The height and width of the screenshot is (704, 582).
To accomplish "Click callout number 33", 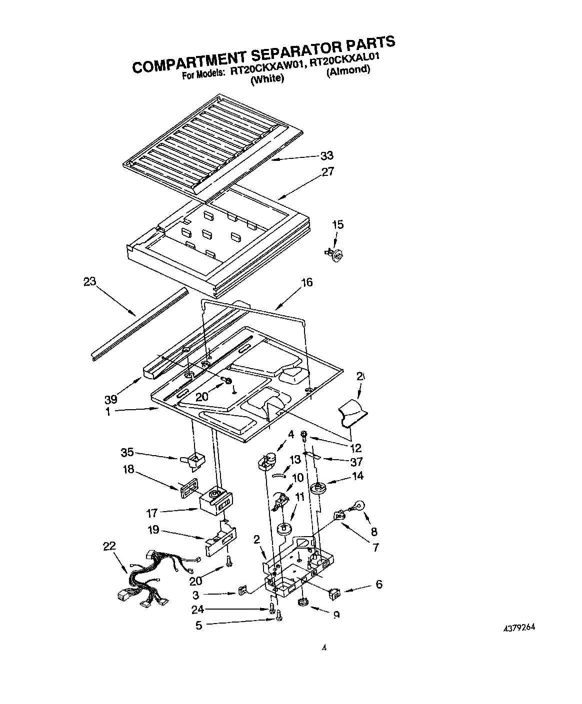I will pyautogui.click(x=326, y=156).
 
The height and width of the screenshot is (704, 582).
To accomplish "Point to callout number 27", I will pyautogui.click(x=327, y=172).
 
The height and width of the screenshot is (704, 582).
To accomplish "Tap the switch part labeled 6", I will pyautogui.click(x=334, y=594).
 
